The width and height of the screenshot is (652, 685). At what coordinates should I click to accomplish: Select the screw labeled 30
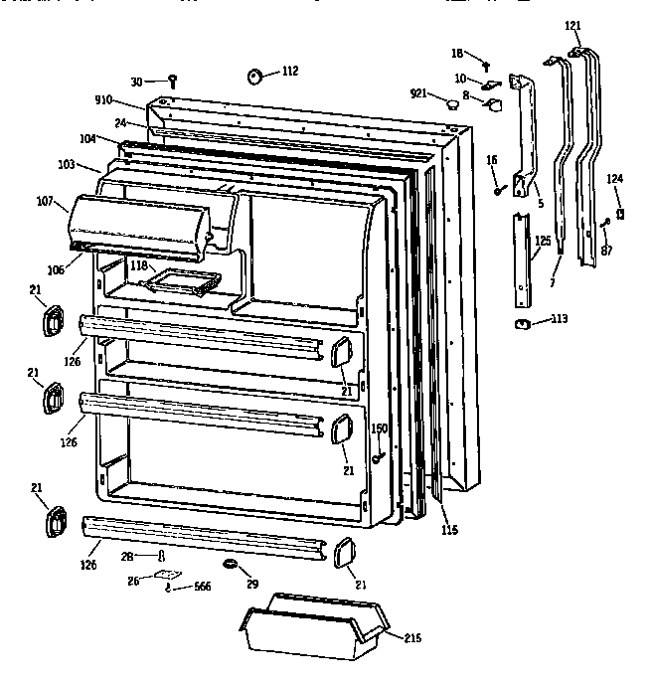pyautogui.click(x=172, y=81)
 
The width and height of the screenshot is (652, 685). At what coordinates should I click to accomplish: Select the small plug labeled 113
pyautogui.click(x=522, y=323)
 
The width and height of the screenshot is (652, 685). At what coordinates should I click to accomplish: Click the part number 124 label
pyautogui.click(x=616, y=179)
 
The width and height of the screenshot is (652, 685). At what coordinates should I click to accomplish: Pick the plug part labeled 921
pyautogui.click(x=452, y=100)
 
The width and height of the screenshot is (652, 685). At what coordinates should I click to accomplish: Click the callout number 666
pyautogui.click(x=203, y=588)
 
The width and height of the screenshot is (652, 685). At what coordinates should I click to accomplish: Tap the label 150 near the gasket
pyautogui.click(x=379, y=428)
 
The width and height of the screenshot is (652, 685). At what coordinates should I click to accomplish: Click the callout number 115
pyautogui.click(x=449, y=530)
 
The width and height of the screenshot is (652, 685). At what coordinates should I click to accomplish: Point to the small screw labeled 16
pyautogui.click(x=496, y=189)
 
